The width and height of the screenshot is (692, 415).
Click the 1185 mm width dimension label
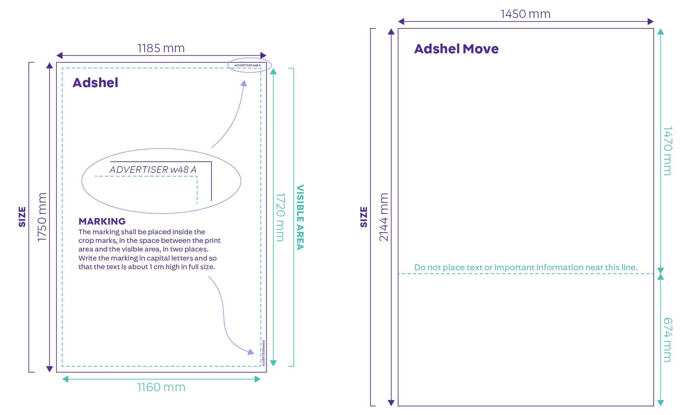point(161,48)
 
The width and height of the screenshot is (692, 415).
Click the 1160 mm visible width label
point(161,387)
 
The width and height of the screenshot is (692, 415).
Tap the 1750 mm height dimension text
point(42,217)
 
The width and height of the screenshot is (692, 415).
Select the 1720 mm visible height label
point(280,217)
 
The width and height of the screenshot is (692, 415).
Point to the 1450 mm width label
point(526,14)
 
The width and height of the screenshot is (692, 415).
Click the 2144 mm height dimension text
point(384,217)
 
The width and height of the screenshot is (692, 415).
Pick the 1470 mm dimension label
point(667,151)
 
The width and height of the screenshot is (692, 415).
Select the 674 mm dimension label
point(667,340)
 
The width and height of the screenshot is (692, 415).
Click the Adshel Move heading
point(456,49)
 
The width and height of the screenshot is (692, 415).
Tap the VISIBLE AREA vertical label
point(300,217)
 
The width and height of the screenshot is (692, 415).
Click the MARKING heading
point(102,221)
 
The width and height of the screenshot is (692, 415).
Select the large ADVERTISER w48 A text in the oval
point(153,170)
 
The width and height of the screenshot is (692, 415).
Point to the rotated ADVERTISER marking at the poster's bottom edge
point(264,353)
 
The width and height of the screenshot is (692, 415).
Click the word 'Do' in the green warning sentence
point(420,267)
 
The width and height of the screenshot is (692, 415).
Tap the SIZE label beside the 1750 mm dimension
point(22,217)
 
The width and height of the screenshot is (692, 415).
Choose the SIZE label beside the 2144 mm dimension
point(364,217)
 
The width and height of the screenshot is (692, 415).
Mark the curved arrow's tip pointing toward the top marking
point(244,81)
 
